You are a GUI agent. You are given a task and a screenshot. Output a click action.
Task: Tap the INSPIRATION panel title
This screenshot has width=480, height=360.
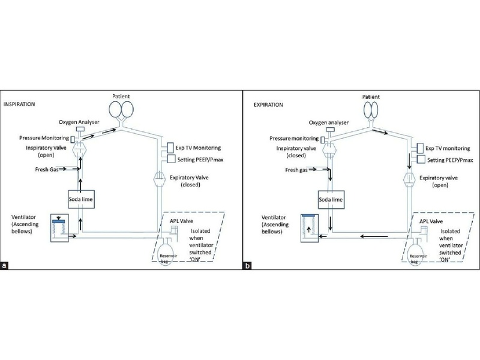click(23, 104)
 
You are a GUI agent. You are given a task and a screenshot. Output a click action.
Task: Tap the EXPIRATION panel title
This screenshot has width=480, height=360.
click(262, 104)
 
